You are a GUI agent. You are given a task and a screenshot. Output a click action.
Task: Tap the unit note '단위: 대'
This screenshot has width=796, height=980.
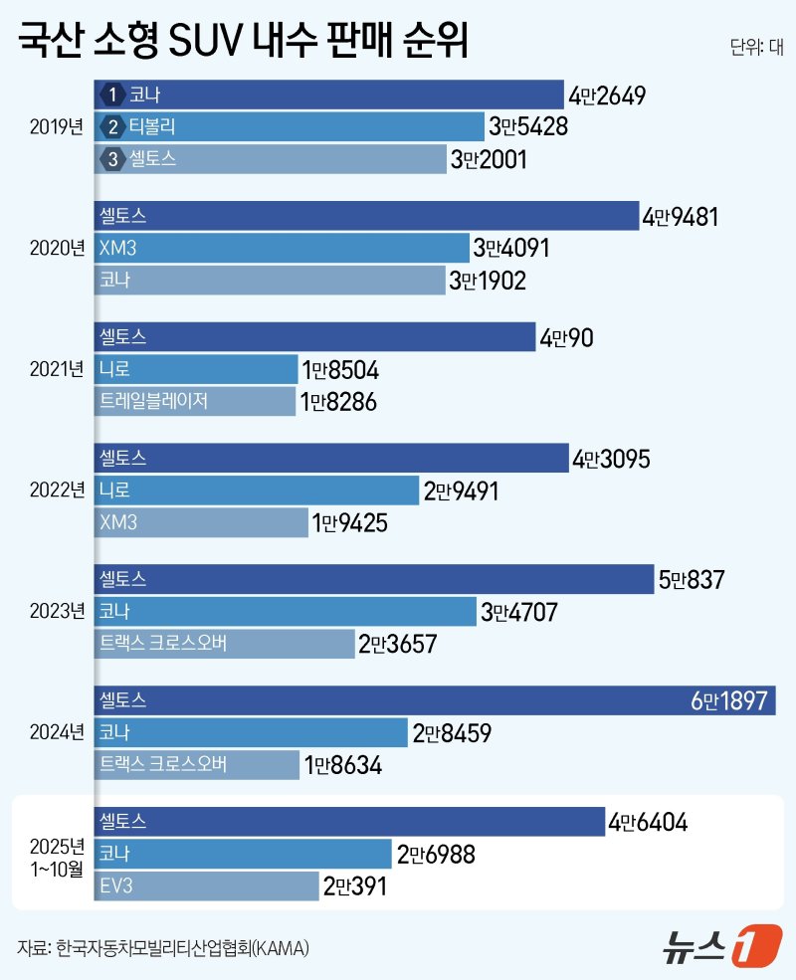click(757, 48)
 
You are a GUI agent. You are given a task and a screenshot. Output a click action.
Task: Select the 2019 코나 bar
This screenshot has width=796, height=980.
click(328, 96)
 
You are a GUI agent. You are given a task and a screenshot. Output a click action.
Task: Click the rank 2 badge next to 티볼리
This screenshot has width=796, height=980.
click(113, 127)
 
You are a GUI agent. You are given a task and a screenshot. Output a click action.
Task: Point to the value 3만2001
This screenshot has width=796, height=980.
click(488, 159)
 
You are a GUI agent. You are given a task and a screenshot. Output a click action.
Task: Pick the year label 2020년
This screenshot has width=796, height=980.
click(58, 248)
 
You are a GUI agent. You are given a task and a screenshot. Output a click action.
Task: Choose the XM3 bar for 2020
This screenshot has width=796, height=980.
click(282, 248)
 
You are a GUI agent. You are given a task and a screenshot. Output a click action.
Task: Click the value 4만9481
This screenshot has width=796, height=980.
click(681, 217)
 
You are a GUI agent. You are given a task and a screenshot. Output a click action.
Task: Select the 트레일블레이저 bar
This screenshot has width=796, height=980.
click(195, 401)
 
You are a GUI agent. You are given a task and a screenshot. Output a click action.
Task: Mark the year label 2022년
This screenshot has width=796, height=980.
click(58, 490)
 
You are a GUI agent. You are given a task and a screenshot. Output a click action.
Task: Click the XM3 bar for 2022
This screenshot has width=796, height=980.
click(201, 521)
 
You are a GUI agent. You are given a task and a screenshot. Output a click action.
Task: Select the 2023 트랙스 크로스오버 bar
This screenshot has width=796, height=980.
click(224, 644)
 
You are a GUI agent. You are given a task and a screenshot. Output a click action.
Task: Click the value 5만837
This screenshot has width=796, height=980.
click(692, 579)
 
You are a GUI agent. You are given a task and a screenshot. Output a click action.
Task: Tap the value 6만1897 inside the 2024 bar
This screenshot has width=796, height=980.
click(729, 701)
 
